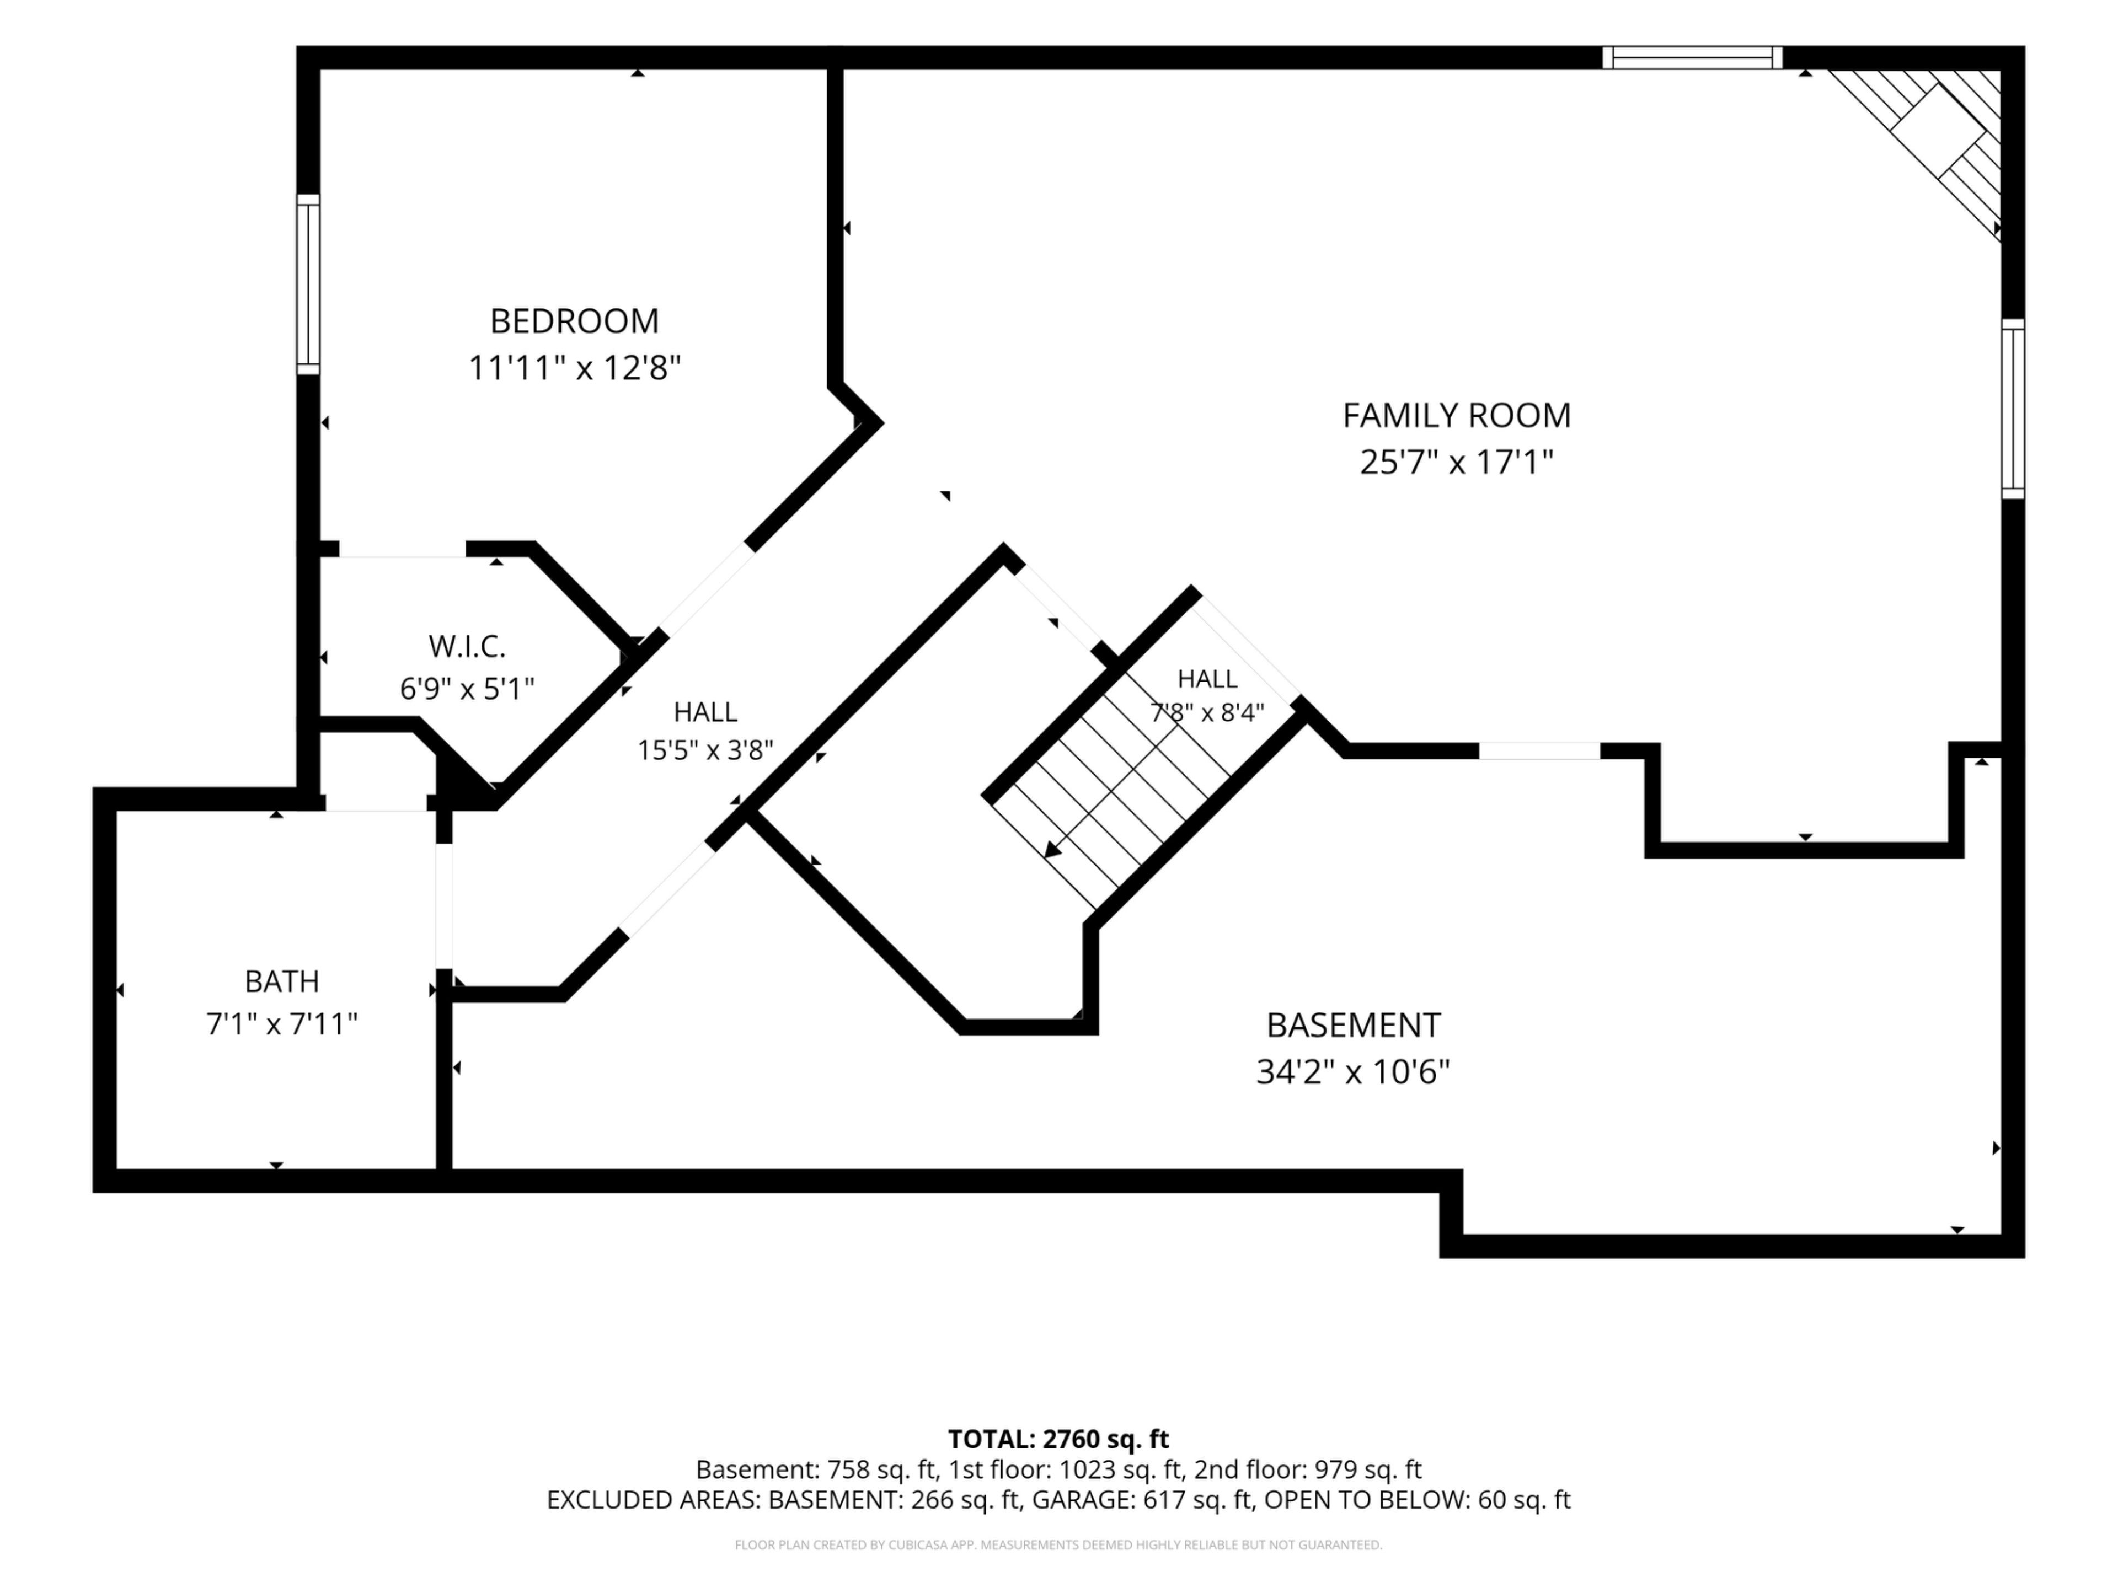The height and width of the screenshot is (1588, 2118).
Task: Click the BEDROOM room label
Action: coord(575,321)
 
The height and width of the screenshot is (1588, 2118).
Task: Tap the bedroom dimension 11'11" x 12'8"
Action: coord(575,368)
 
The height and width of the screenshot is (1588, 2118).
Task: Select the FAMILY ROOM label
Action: coord(1456,415)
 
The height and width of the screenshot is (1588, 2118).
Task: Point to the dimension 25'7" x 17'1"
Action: coord(1456,462)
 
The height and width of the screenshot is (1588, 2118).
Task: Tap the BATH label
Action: coord(281,981)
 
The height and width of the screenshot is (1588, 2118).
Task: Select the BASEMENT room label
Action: coord(1353,1025)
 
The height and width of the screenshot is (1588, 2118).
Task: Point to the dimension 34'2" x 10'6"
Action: coord(1353,1072)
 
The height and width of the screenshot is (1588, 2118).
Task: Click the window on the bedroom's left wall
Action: coord(307,285)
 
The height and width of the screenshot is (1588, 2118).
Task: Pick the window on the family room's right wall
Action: coord(2013,409)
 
